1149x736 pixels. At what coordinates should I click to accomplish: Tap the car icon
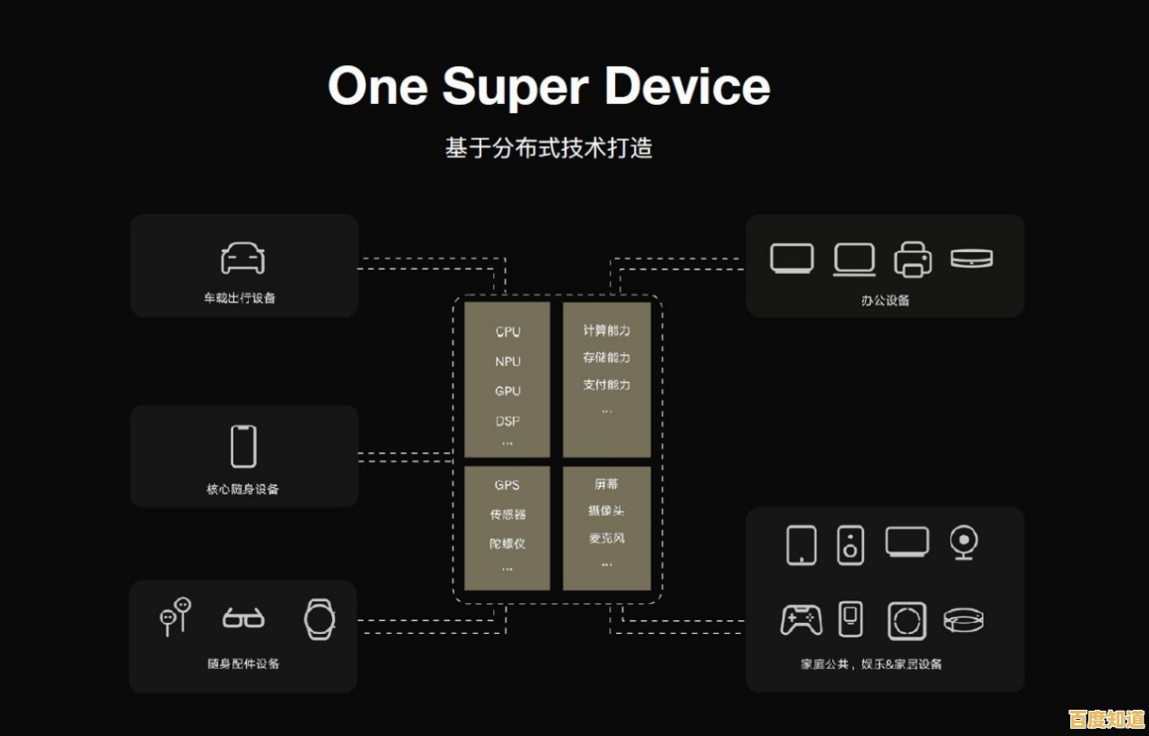pos(243,259)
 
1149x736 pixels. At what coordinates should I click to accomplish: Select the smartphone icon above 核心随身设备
pos(243,447)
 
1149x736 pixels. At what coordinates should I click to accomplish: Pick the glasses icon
pos(243,619)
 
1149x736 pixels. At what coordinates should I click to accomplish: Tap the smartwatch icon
pos(319,619)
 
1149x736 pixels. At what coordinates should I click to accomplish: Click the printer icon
pos(913,259)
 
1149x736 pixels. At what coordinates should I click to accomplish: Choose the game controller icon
pos(801,620)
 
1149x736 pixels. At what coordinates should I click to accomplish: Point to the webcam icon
pos(963,543)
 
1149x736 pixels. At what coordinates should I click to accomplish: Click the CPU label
pos(508,332)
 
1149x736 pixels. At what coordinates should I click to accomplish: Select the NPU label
pos(508,362)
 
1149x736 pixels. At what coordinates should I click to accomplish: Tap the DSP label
pos(508,421)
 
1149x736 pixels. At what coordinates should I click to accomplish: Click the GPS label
pos(507,486)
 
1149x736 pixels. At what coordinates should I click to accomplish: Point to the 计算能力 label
pos(606,331)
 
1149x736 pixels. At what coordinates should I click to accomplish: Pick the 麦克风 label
pos(606,538)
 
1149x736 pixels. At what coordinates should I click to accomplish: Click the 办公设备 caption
pos(885,300)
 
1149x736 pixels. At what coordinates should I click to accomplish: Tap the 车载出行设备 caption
pos(240,297)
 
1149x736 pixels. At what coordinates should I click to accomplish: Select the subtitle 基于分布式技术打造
pos(548,148)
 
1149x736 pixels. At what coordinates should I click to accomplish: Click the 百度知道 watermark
pos(1106,720)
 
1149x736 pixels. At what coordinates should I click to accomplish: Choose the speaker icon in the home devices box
pos(850,545)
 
